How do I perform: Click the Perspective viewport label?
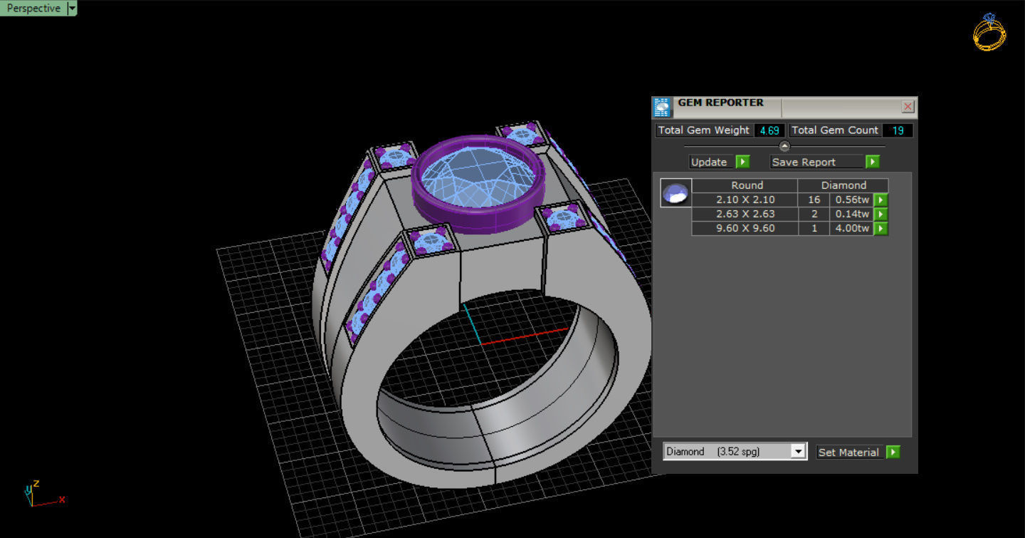click(33, 9)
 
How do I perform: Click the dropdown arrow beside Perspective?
click(71, 9)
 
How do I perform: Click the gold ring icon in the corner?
click(989, 32)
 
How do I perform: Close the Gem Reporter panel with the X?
click(908, 107)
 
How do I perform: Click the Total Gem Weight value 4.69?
click(769, 130)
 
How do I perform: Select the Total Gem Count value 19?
click(898, 130)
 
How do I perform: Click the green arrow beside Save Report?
click(872, 162)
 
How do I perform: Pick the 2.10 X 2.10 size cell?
click(745, 200)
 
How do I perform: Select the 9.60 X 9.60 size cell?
click(745, 228)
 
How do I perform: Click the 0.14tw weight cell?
click(851, 214)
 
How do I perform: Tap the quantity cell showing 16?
click(814, 200)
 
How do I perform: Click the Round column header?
click(746, 185)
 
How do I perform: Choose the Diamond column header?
click(843, 185)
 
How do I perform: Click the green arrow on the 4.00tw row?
click(881, 229)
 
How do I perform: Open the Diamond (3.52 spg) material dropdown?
click(798, 452)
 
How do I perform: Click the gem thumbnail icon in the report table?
click(675, 193)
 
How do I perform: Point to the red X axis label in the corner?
click(62, 500)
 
